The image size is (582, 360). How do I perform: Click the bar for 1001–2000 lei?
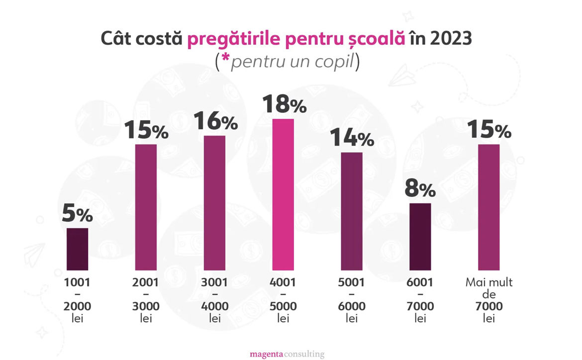[x=77, y=249]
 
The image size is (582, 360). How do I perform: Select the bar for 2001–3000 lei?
[x=146, y=207]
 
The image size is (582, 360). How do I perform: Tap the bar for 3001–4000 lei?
[x=214, y=203]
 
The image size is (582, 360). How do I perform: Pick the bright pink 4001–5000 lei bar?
[x=283, y=194]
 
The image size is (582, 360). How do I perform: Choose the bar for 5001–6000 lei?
[x=352, y=211]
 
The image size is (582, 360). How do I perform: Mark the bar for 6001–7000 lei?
[x=420, y=237]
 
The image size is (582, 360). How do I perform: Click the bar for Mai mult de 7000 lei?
[x=489, y=207]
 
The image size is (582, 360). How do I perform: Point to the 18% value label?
[x=284, y=104]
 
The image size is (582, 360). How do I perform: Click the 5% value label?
[x=77, y=214]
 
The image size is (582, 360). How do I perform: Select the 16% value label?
[x=215, y=121]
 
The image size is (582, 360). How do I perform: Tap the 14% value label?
[x=352, y=138]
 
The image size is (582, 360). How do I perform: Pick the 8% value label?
[x=420, y=189]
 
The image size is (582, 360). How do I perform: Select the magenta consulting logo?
[x=287, y=354]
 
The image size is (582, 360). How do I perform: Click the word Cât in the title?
[x=118, y=39]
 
